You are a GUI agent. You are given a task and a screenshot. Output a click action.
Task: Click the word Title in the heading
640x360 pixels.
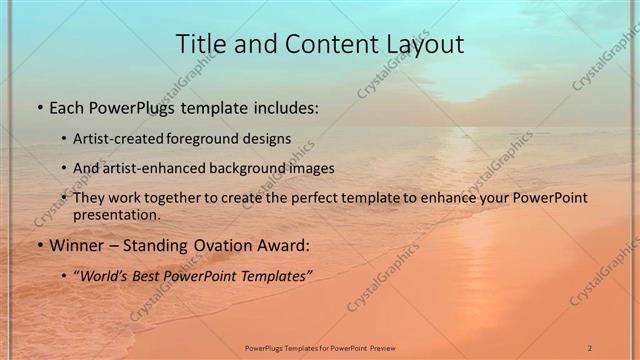tap(200, 44)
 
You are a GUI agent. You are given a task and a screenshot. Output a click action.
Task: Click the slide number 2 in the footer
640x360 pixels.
tap(590, 347)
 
